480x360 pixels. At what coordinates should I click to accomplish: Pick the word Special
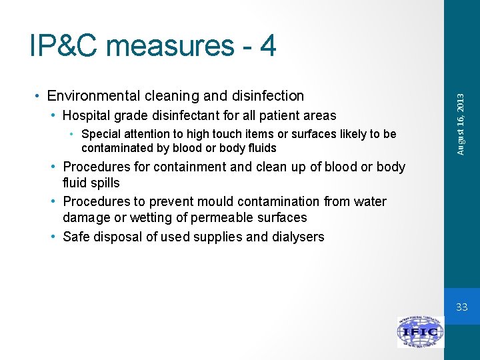click(x=100, y=134)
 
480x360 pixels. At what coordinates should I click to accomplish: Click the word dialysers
click(x=297, y=237)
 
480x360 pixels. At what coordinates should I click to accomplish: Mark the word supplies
click(x=215, y=237)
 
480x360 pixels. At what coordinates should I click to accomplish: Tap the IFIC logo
click(x=420, y=332)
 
